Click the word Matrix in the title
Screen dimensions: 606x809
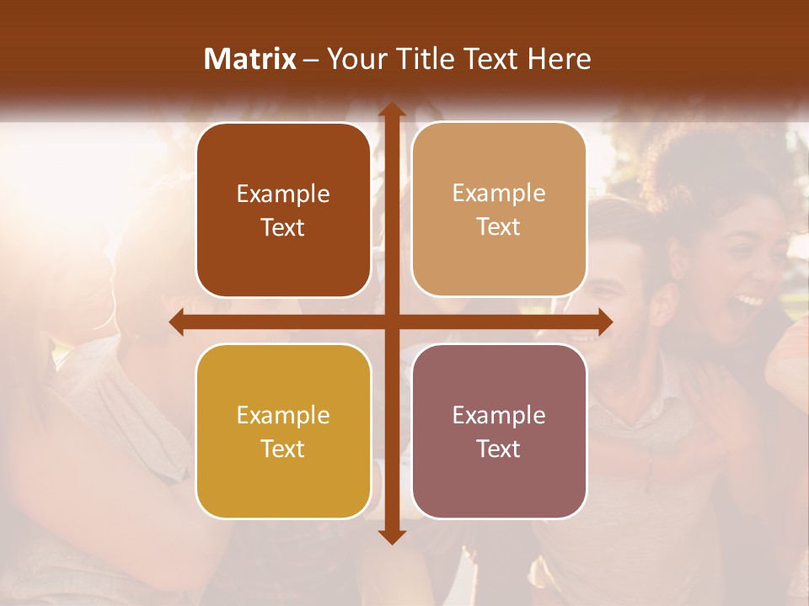coord(250,59)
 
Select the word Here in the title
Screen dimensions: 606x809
coord(559,59)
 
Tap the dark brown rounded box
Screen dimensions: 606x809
coord(283,210)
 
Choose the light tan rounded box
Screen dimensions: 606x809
coord(499,210)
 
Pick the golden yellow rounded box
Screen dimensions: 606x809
coord(283,431)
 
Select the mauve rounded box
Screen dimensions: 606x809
coord(499,431)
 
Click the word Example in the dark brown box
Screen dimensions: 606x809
coord(283,194)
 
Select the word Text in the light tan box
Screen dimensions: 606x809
coord(499,227)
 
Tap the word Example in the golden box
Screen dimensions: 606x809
coord(283,415)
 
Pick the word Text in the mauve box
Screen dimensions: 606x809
coord(499,449)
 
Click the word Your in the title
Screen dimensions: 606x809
coord(351,59)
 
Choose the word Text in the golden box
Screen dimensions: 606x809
coord(283,449)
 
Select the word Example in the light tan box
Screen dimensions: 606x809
coord(499,194)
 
